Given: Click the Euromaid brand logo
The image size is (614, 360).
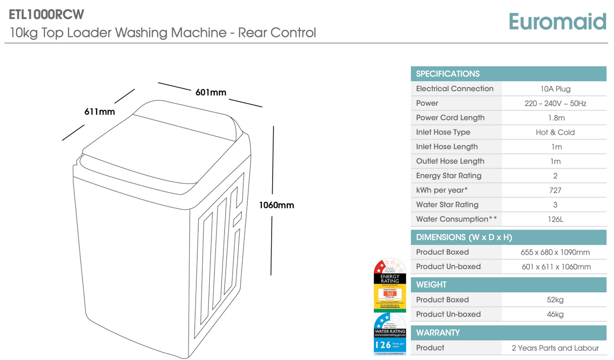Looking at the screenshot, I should click(x=557, y=22).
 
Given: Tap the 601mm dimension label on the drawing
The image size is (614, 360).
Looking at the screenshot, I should click(x=211, y=92).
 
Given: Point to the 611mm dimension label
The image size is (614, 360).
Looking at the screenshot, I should click(x=99, y=112).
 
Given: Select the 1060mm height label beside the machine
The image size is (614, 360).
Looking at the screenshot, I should click(x=276, y=205).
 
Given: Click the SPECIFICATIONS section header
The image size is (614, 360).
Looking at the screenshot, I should click(x=448, y=74).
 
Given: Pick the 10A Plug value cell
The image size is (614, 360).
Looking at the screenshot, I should click(x=555, y=89).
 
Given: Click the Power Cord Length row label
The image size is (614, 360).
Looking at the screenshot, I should click(x=450, y=118).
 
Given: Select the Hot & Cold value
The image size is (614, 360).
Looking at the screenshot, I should click(x=555, y=132).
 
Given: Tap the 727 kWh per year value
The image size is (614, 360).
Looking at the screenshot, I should click(x=555, y=191).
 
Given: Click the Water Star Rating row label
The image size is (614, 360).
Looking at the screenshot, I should click(x=447, y=205).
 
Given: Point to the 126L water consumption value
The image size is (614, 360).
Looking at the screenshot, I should click(x=555, y=219).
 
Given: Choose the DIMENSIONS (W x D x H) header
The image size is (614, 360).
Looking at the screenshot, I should click(x=464, y=237).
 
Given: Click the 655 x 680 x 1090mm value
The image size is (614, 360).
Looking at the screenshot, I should click(x=555, y=252).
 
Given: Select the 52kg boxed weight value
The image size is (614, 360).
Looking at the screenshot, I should click(x=555, y=300).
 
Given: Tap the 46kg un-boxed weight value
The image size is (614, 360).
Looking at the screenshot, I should click(x=555, y=314).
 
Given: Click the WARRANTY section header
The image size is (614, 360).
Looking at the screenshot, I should click(x=438, y=333).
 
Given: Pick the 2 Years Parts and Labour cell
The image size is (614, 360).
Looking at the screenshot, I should click(x=555, y=348).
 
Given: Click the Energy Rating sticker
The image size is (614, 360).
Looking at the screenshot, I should click(x=390, y=286).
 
